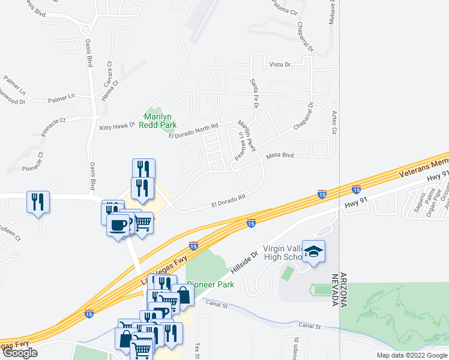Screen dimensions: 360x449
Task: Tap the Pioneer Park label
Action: pos(207,284)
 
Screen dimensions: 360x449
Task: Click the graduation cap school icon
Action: pos(313,251)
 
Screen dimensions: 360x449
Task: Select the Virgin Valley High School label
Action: pos(281,253)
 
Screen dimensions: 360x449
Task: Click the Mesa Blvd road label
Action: pos(280,155)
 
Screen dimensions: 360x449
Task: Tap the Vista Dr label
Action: pos(280,64)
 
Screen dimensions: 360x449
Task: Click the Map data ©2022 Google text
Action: pos(412,355)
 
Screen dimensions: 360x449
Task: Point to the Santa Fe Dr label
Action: pos(255,96)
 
